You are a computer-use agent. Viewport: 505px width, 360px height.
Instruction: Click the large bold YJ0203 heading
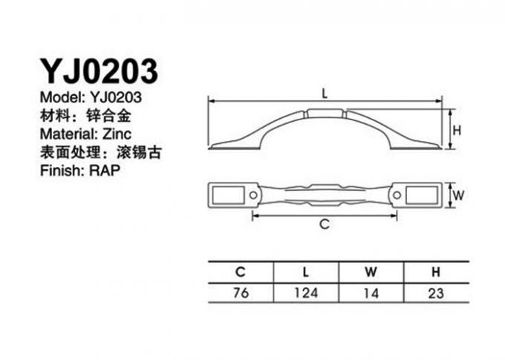pos(99,71)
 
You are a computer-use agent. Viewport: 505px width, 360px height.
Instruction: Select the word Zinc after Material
pos(117,134)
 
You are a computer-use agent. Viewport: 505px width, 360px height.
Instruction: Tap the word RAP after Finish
pos(105,170)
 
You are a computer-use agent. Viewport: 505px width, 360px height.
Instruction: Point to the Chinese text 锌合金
pos(109,116)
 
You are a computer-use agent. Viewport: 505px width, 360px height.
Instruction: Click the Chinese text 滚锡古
pos(138,152)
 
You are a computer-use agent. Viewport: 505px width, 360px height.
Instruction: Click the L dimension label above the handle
pos(325,94)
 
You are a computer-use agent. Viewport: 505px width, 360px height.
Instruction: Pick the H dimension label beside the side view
pos(457,131)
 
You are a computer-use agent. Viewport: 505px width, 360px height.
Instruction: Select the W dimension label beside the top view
pos(459,195)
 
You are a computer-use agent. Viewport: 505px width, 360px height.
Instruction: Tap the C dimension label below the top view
pos(325,223)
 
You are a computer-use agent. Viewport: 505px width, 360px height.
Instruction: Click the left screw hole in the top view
pos(253,195)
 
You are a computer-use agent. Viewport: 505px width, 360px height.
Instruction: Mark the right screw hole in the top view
pos(397,195)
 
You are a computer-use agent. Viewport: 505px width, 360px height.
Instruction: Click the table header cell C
pos(241,272)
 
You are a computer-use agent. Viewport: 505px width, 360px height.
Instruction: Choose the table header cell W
pos(371,272)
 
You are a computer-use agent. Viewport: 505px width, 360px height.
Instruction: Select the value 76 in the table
pos(241,292)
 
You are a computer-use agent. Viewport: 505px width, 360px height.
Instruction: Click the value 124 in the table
pos(306,292)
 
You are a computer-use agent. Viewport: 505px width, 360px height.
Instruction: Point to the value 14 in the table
pos(371,293)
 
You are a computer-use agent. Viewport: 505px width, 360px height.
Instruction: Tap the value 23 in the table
pos(436,293)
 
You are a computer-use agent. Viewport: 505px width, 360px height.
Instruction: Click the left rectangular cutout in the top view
pos(228,195)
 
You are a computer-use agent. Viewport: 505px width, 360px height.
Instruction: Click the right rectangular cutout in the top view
pos(422,195)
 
